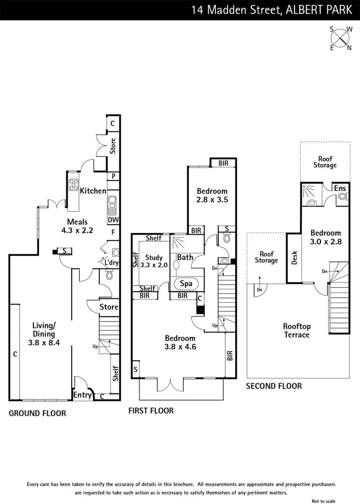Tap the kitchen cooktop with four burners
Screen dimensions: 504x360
(x=74, y=185)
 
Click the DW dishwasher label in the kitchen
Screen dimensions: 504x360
(x=112, y=220)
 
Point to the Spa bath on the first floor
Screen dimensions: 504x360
(x=186, y=283)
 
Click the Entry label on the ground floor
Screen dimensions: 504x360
(x=83, y=395)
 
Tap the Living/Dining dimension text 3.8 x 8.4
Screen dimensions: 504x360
(x=44, y=342)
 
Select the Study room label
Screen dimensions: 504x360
(x=154, y=258)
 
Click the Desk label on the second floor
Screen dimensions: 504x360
(x=294, y=258)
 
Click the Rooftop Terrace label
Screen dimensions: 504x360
(x=297, y=330)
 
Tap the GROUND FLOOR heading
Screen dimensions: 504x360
(x=37, y=413)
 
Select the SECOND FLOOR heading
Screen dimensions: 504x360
(x=274, y=386)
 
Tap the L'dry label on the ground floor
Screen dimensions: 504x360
(x=111, y=263)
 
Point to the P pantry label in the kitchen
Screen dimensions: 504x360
(x=112, y=176)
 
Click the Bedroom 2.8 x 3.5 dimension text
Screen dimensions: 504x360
(x=212, y=200)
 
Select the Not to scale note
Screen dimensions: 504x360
(x=324, y=501)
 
